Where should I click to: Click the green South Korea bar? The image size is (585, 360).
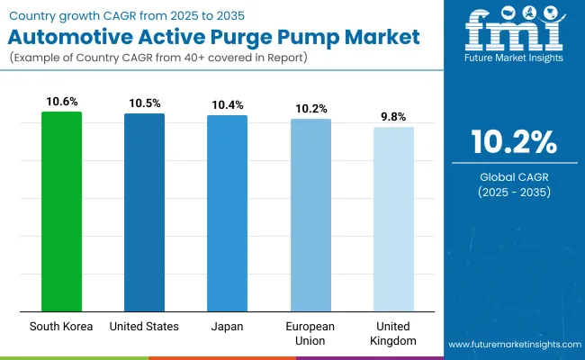[61, 211]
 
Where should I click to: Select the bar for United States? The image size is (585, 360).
[144, 212]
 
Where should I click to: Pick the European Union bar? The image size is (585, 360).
[310, 215]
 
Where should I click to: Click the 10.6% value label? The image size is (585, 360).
[61, 103]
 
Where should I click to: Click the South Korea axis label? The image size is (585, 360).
[61, 326]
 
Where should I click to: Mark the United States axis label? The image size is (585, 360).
[144, 326]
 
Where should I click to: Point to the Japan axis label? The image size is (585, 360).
[227, 326]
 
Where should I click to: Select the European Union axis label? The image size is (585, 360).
[310, 332]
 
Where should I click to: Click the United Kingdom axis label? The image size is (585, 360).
[393, 332]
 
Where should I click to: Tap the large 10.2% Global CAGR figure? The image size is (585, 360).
[511, 143]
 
